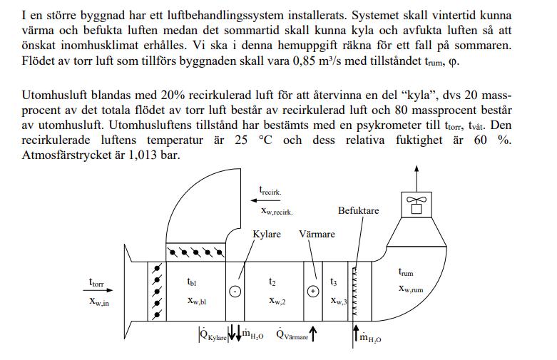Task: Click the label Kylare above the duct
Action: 267,234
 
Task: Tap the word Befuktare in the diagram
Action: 358,211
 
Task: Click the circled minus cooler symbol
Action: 235,291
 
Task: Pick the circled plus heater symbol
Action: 312,291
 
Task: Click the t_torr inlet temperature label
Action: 96,283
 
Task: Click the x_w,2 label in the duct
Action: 278,300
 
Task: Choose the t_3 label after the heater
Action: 334,282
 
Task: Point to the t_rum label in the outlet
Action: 405,272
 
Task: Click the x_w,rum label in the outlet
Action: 411,289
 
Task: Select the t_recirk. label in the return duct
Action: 270,190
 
